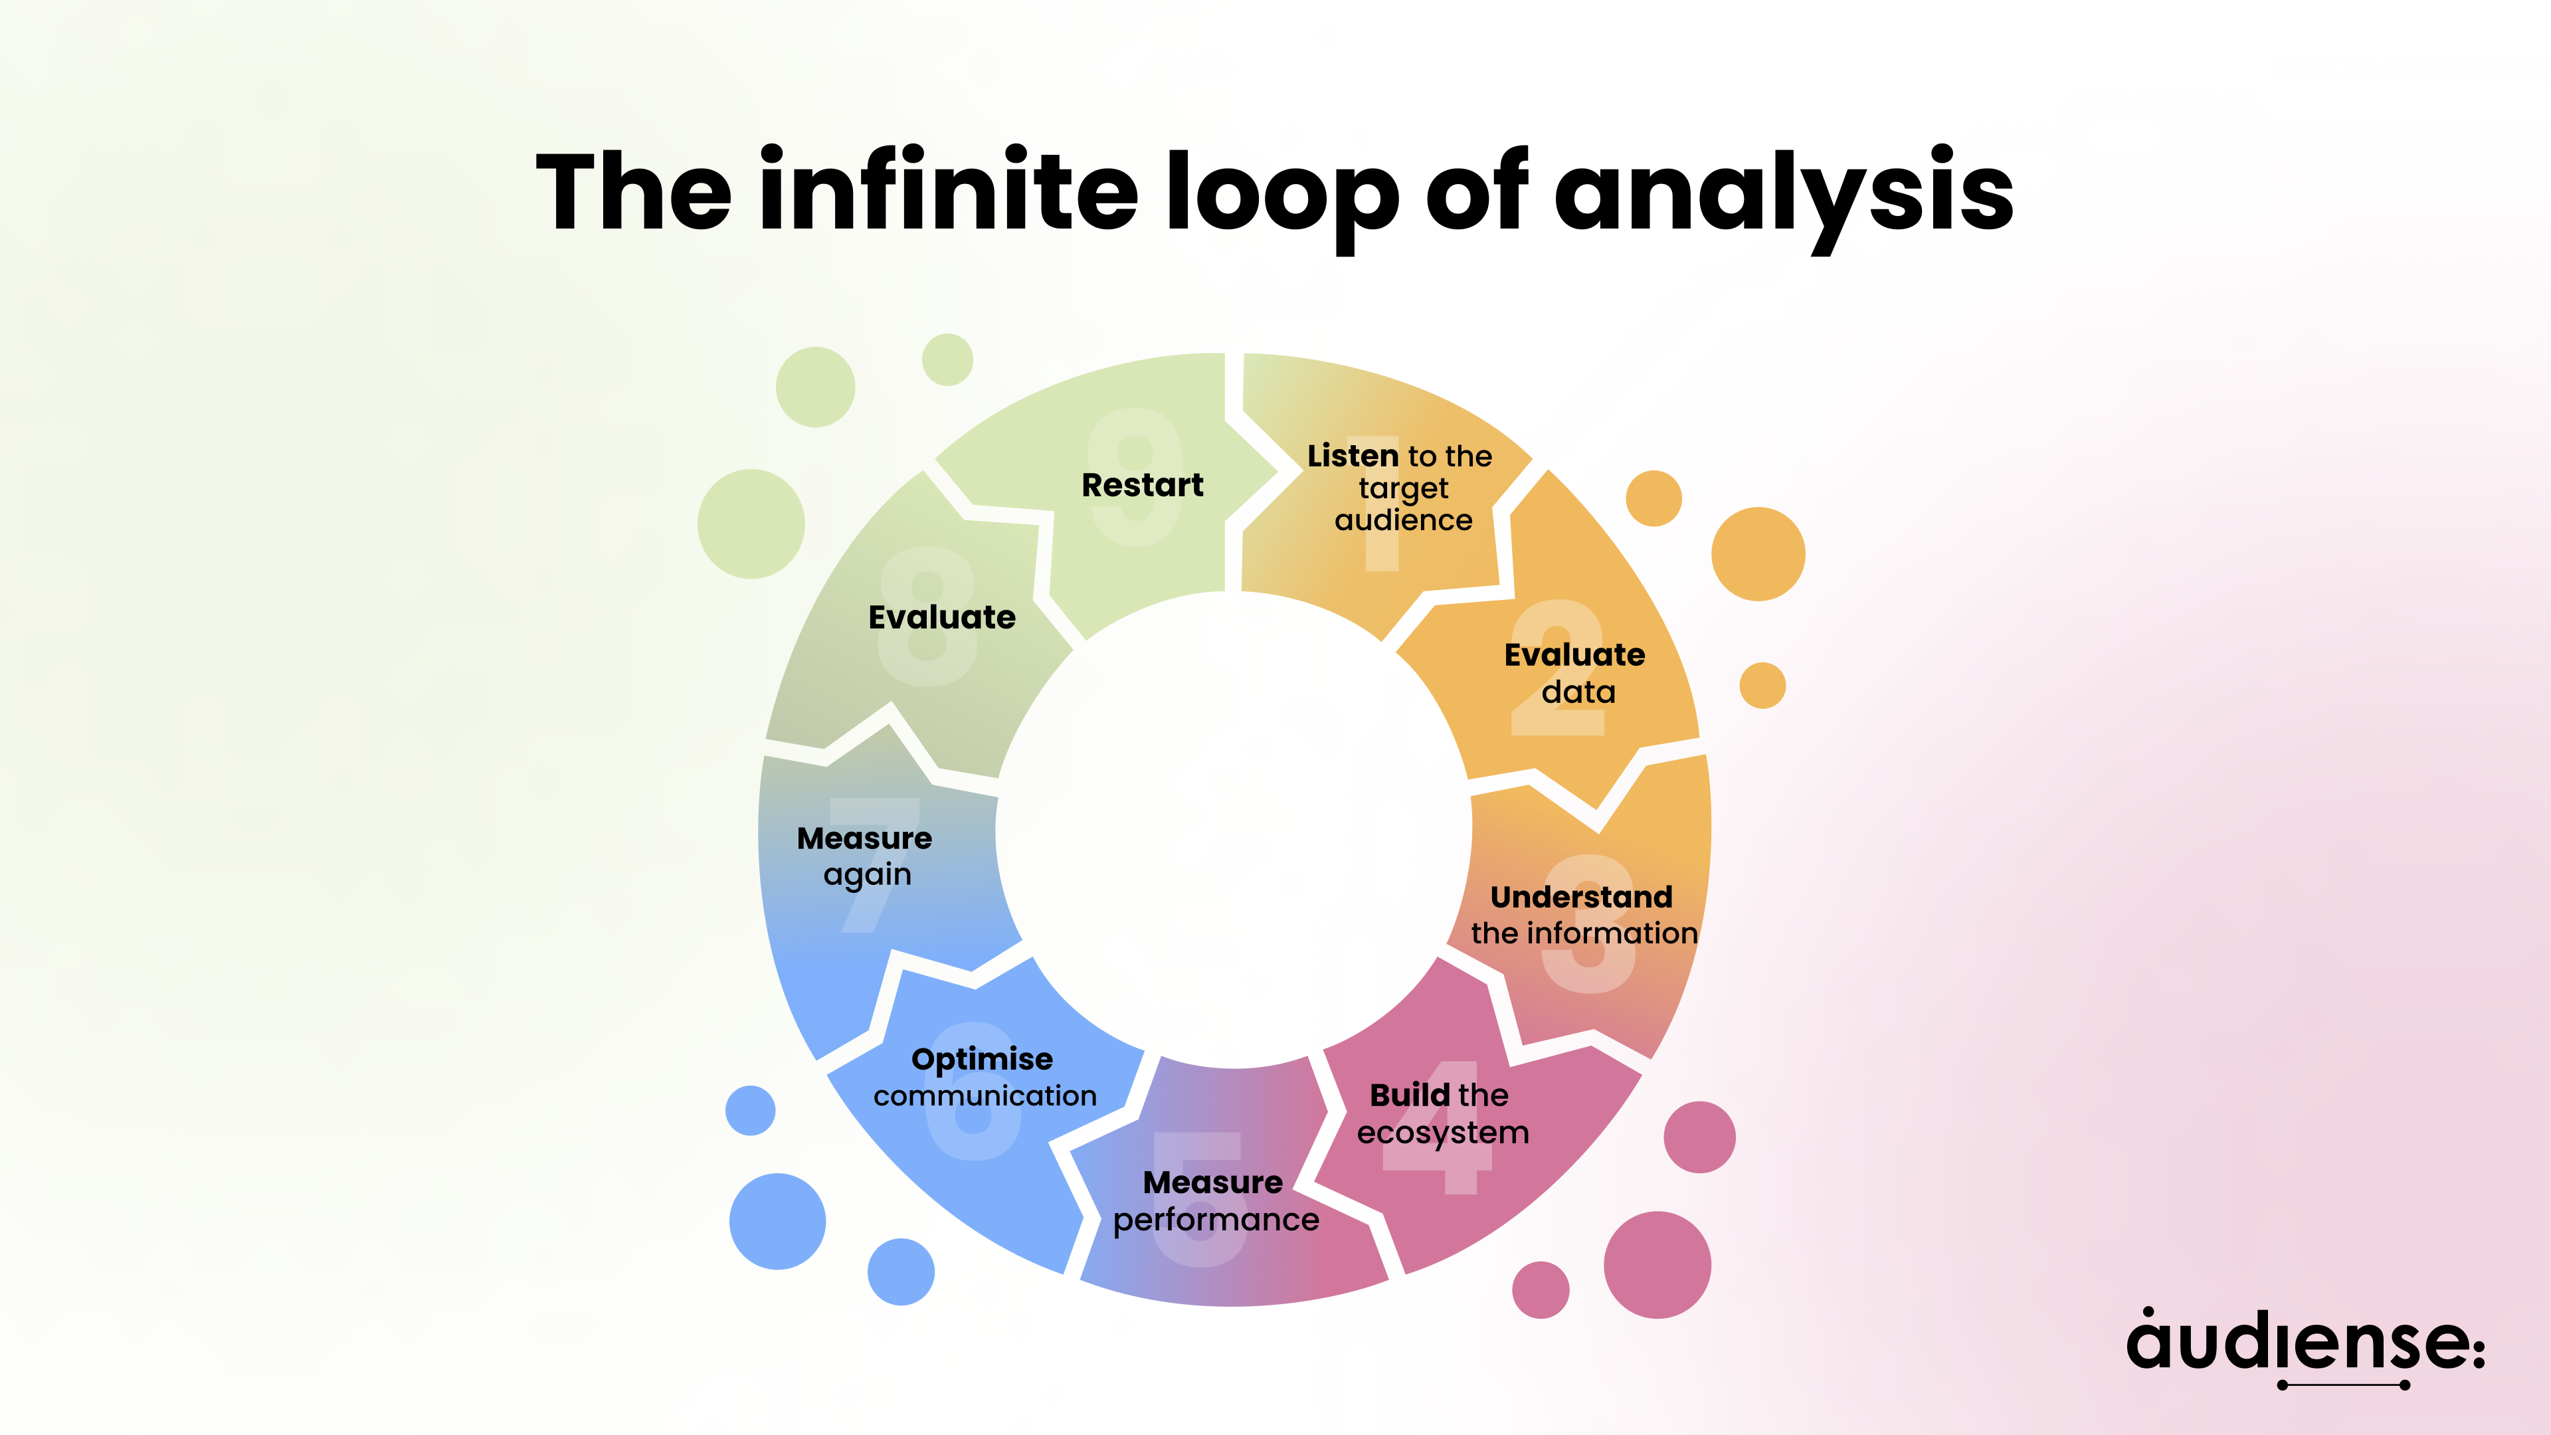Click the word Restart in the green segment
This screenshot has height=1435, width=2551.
[x=1142, y=485]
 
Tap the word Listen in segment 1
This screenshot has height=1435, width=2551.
[x=1352, y=456]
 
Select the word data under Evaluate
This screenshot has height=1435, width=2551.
[x=1578, y=692]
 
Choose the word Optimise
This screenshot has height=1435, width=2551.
[x=981, y=1060]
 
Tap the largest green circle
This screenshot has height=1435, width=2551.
[x=751, y=524]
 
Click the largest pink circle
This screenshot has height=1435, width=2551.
[x=1657, y=1265]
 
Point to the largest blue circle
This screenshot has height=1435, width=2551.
[x=777, y=1221]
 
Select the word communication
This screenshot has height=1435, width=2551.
[x=985, y=1096]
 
